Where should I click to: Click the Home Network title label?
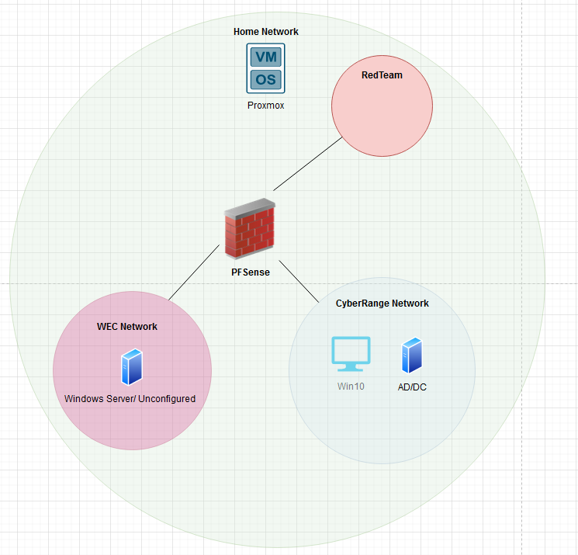coord(266,32)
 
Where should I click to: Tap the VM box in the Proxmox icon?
coord(266,57)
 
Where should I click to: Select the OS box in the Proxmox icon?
coord(266,79)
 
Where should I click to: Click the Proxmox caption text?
coord(266,105)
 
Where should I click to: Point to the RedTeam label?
coord(382,75)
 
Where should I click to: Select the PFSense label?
coord(250,272)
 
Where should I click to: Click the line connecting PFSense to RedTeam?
coord(308,165)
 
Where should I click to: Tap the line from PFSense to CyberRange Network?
coord(299,281)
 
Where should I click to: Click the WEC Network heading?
coord(126,327)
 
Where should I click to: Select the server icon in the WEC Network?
coord(130,367)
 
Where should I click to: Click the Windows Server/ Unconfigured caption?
coord(130,399)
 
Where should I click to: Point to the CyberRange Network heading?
coord(382,304)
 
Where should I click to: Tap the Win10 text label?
coord(351,386)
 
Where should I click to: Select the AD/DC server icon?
coord(410,356)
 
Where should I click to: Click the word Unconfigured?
coord(166,399)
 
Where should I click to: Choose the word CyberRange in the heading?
coord(361,304)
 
